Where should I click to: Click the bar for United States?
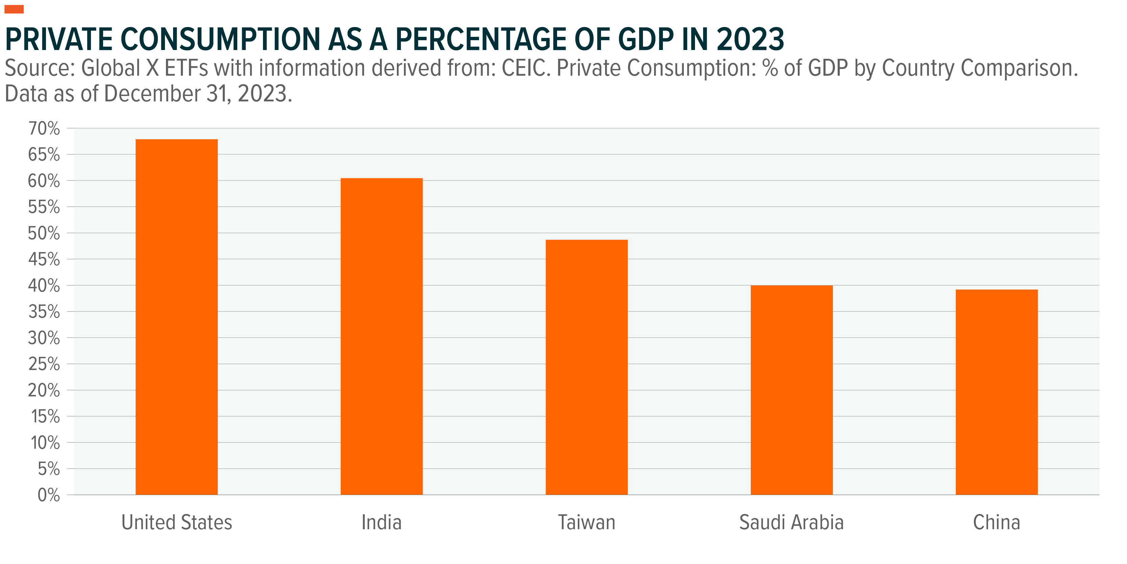[x=176, y=317]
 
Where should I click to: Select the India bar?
[x=382, y=336]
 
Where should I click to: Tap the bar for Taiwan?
[x=586, y=367]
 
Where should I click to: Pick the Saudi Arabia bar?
[x=791, y=390]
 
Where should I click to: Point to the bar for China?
[x=996, y=392]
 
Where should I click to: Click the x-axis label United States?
[x=176, y=522]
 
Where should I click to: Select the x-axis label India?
[x=382, y=522]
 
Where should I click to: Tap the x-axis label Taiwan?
[x=586, y=522]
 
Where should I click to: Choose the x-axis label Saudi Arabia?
[x=791, y=522]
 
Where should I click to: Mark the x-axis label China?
[x=996, y=522]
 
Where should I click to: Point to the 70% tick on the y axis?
[x=44, y=128]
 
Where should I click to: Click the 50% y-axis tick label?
[x=44, y=233]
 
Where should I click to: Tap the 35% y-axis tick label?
[x=44, y=312]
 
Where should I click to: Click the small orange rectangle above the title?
[x=14, y=9]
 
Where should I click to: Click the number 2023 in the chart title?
[x=750, y=39]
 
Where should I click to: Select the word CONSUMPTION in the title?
[x=221, y=39]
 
